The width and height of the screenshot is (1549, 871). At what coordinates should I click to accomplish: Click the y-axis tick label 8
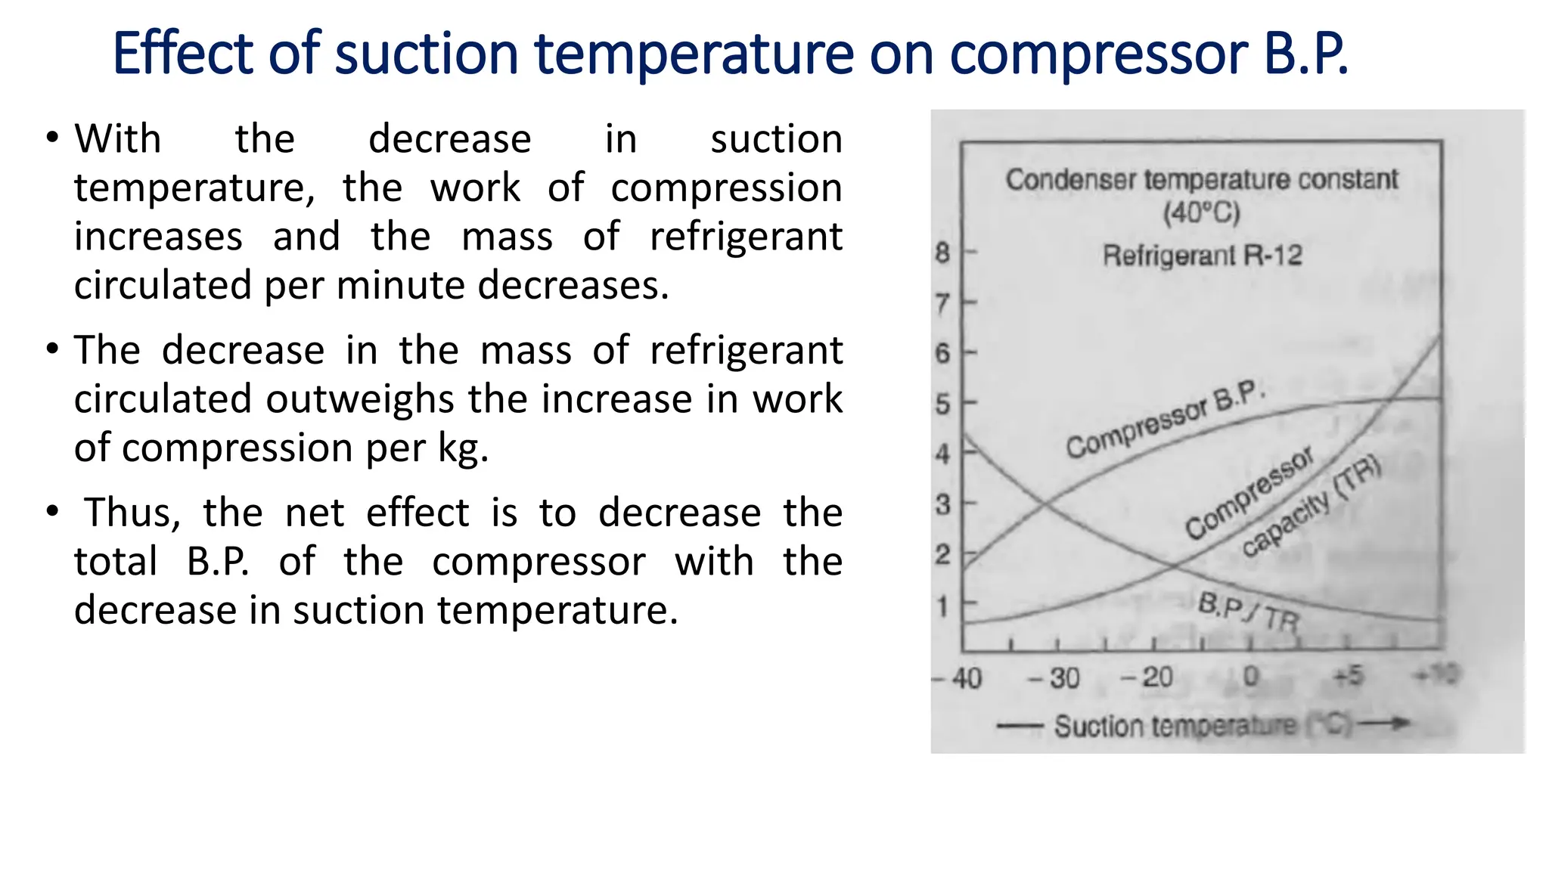(942, 253)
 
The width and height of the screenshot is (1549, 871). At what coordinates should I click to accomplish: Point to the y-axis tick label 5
(942, 404)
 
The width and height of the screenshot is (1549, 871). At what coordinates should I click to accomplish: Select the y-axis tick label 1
(942, 606)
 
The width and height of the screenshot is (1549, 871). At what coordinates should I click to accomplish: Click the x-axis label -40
(958, 678)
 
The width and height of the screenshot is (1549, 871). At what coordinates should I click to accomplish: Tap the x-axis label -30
(1054, 678)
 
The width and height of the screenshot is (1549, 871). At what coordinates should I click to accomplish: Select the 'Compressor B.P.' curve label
(1165, 420)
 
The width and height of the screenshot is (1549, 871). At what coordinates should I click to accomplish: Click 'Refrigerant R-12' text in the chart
(1203, 256)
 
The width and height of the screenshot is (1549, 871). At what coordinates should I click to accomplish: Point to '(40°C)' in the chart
(1202, 213)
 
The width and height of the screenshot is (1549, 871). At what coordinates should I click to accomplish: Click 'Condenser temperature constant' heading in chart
(1202, 180)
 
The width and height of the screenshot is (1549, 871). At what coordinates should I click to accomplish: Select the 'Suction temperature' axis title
(1174, 726)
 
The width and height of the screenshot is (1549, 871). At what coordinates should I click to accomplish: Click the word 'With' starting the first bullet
(118, 139)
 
